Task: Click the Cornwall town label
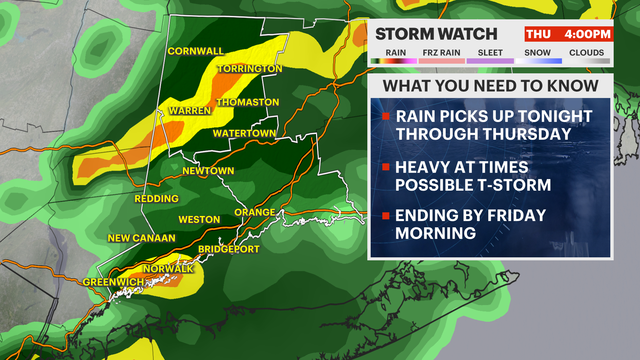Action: pyautogui.click(x=196, y=51)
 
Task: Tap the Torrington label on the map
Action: pyautogui.click(x=250, y=69)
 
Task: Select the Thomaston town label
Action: pyautogui.click(x=248, y=102)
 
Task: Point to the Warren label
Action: pyautogui.click(x=190, y=111)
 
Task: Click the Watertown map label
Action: pyautogui.click(x=244, y=133)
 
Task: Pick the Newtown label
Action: pyautogui.click(x=208, y=171)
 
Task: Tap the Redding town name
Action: pyautogui.click(x=157, y=199)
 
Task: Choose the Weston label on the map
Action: pyautogui.click(x=199, y=220)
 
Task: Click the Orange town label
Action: pyautogui.click(x=255, y=212)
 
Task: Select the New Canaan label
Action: pyautogui.click(x=142, y=238)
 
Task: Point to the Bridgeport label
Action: pyautogui.click(x=229, y=249)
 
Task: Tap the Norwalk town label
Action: pyautogui.click(x=168, y=269)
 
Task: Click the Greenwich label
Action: pyautogui.click(x=113, y=282)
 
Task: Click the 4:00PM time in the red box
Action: pyautogui.click(x=587, y=34)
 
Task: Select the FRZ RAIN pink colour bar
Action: pyautogui.click(x=441, y=61)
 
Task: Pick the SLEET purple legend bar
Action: pyautogui.click(x=490, y=61)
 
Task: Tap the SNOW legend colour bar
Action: pyautogui.click(x=538, y=61)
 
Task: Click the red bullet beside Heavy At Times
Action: pyautogui.click(x=386, y=167)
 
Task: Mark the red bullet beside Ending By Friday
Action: pyautogui.click(x=386, y=216)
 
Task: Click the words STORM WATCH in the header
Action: pyautogui.click(x=436, y=34)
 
